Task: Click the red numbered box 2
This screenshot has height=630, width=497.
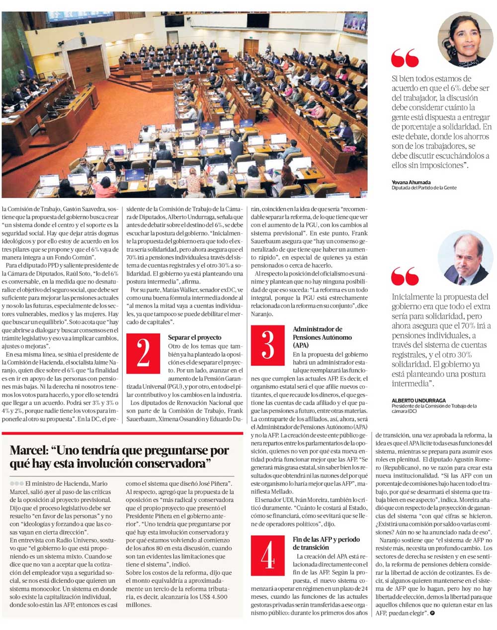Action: (143, 353)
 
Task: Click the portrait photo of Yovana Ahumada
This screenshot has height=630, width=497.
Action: (465, 40)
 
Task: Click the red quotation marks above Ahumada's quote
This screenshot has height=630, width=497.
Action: (405, 58)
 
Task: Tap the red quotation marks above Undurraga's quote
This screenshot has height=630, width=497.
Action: (405, 277)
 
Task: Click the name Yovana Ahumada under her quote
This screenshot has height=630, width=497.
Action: (411, 182)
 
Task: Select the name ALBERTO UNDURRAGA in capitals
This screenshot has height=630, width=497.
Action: (418, 400)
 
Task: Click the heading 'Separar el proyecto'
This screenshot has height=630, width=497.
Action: (194, 338)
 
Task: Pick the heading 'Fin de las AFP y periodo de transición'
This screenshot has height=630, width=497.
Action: (326, 543)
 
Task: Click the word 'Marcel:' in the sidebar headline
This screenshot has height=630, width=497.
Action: (30, 451)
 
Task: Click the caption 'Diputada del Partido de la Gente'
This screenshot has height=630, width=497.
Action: (423, 188)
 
